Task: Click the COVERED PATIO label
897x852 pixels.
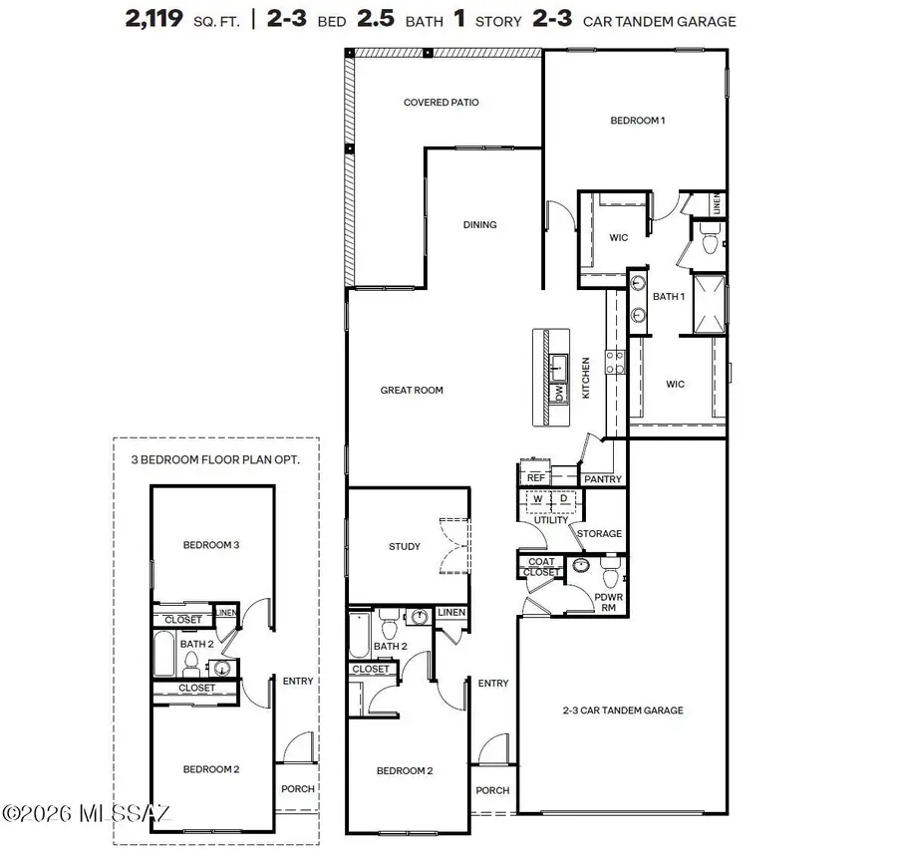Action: point(441,103)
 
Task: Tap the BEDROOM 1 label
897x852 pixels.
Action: point(637,121)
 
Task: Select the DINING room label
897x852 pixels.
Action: point(479,225)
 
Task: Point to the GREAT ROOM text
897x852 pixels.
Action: point(411,391)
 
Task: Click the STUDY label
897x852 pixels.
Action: point(404,547)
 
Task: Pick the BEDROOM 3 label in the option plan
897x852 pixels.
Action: point(210,545)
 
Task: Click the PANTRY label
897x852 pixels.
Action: point(603,479)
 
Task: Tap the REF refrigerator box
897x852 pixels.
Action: point(535,478)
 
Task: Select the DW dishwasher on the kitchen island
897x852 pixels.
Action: point(560,394)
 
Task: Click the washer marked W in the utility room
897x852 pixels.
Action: point(537,499)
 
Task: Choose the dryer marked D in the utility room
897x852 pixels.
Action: point(563,499)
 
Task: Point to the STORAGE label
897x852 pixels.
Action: point(599,534)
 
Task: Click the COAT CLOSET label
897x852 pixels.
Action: point(541,567)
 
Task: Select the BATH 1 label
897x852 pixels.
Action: point(668,297)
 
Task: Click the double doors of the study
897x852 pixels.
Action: point(453,546)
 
